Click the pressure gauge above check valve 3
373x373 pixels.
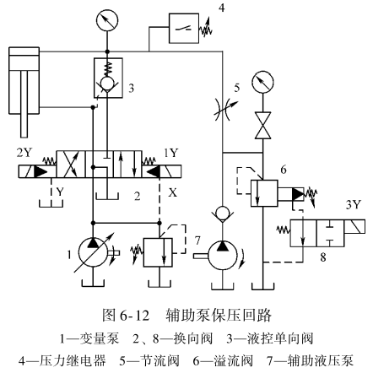point(106,20)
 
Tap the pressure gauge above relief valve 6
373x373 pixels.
point(262,82)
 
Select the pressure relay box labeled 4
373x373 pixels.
point(184,28)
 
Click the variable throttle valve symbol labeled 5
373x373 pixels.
point(223,110)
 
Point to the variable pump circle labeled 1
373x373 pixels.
point(93,252)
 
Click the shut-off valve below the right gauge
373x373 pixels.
point(262,126)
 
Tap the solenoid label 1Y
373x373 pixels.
point(171,153)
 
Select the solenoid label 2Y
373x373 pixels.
point(24,153)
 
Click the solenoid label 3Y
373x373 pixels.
point(353,205)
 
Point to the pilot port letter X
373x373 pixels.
point(173,192)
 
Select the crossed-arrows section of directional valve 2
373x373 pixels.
point(71,164)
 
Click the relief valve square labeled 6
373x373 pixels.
point(264,193)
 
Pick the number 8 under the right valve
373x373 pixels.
point(323,257)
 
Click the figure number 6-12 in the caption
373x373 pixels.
point(134,316)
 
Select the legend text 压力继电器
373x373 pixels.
point(73,360)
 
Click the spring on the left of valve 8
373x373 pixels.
point(284,230)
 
